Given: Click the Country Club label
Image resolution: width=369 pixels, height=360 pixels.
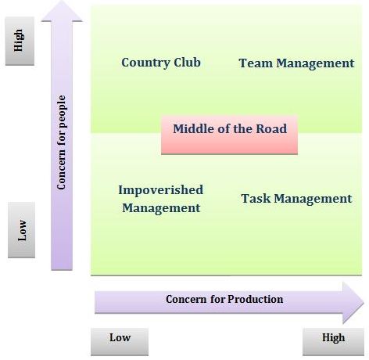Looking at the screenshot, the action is click(x=161, y=63).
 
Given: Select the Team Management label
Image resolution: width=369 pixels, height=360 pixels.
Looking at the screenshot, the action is click(x=296, y=63).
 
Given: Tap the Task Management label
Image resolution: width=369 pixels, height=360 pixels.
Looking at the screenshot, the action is click(x=296, y=199).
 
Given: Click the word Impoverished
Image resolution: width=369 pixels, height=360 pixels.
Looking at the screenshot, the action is click(x=161, y=190).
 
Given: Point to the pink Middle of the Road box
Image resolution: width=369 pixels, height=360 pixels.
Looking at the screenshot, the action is click(x=229, y=135).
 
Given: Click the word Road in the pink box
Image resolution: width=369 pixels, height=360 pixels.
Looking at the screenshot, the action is click(x=271, y=128).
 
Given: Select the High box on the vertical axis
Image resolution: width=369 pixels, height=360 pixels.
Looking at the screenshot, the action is click(x=20, y=41).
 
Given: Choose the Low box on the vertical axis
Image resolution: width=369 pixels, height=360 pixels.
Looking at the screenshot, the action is click(x=21, y=230).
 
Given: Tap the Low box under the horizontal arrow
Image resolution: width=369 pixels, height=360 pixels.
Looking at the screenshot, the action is click(x=120, y=342).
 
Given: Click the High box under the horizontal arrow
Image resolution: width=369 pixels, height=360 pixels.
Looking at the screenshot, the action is click(x=333, y=342).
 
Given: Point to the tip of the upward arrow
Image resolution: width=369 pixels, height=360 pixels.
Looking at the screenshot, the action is click(x=62, y=1).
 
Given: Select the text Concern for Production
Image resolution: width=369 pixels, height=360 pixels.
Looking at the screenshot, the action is click(x=224, y=299).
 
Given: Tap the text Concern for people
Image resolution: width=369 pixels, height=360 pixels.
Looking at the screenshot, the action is click(x=62, y=142).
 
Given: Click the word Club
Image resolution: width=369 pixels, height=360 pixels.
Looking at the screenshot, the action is click(x=187, y=62).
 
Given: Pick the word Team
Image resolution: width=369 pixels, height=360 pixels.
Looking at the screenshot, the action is click(x=256, y=63).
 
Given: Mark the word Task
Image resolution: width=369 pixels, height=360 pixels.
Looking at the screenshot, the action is click(x=256, y=199).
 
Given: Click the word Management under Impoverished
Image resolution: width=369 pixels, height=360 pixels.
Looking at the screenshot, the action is click(x=161, y=208).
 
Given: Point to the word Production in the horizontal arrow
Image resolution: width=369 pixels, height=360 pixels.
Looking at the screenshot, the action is click(x=256, y=299).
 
